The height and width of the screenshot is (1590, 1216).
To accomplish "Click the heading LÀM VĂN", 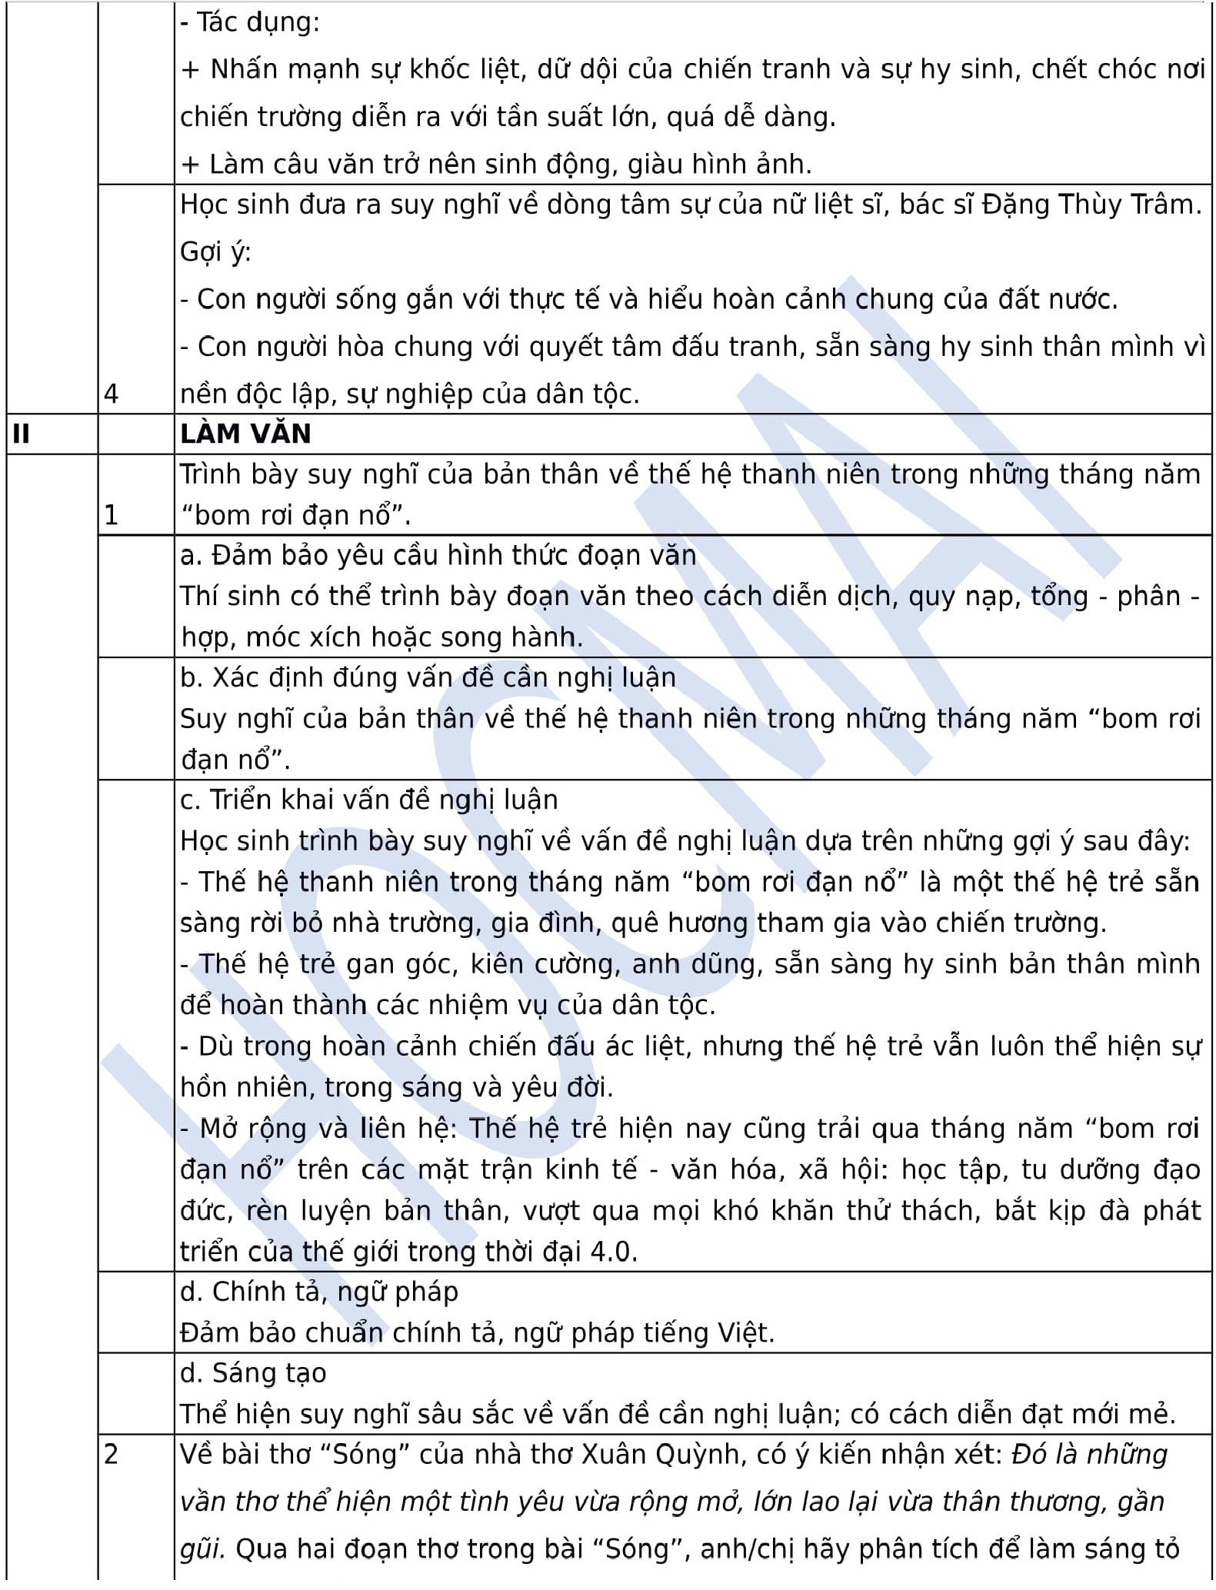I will pyautogui.click(x=245, y=434).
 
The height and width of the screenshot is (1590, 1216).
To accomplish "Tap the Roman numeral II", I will pyautogui.click(x=22, y=434).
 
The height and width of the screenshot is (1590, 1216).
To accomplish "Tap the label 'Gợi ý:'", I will pyautogui.click(x=216, y=251).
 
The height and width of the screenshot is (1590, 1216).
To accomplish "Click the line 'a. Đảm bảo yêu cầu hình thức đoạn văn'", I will pyautogui.click(x=438, y=555).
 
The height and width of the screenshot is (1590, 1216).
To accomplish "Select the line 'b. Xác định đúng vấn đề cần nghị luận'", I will pyautogui.click(x=428, y=677).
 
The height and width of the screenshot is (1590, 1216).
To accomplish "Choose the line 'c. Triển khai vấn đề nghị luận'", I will pyautogui.click(x=369, y=800).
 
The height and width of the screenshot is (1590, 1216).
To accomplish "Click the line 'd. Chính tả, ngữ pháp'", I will pyautogui.click(x=319, y=1292).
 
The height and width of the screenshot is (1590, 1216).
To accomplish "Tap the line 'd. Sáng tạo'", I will pyautogui.click(x=253, y=1372).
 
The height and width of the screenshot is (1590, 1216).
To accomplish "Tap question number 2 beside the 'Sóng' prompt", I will pyautogui.click(x=112, y=1454).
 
